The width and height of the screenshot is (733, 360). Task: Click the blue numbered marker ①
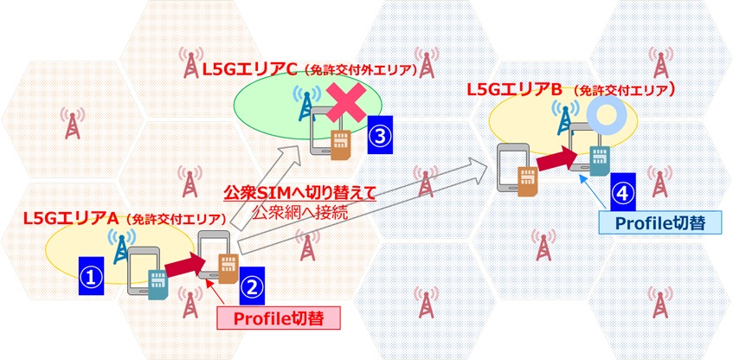(91, 275)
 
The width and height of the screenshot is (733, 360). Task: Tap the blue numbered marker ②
(253, 286)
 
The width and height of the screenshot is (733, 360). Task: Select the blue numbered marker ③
(380, 135)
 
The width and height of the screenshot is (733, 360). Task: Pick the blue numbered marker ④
(623, 192)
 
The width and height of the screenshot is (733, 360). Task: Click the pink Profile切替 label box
(278, 318)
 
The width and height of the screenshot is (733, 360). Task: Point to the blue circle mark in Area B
(603, 113)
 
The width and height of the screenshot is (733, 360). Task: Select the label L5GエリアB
(514, 89)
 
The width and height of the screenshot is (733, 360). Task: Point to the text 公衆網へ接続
(299, 213)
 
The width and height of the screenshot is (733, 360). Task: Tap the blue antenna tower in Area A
(121, 246)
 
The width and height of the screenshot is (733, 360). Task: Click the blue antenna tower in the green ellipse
(306, 104)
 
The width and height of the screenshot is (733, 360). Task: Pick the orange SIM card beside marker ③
(340, 145)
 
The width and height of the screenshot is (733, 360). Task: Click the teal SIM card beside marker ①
(158, 286)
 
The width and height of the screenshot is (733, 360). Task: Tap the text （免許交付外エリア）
(359, 71)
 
